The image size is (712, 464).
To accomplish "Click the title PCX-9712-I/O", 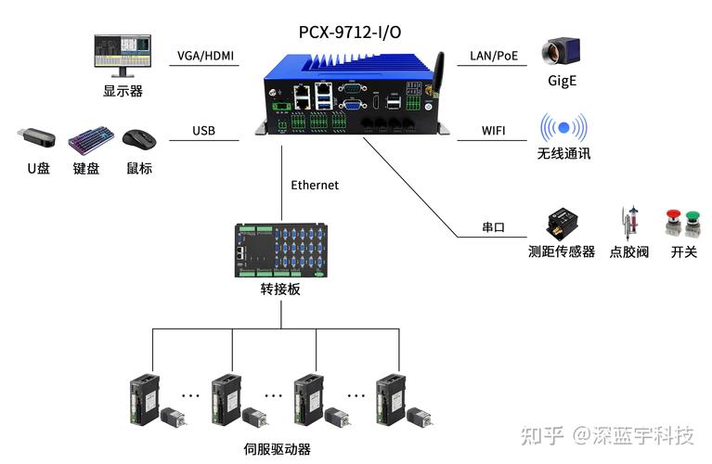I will tap(351, 32).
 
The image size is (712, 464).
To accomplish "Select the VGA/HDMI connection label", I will tap(206, 56).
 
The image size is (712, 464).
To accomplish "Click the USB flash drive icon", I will tap(36, 139).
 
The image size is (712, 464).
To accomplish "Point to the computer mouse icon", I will tap(139, 139).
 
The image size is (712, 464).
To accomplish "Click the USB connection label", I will tap(203, 131).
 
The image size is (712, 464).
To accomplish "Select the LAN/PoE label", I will tap(493, 56).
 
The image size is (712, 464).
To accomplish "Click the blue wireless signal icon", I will tap(563, 128).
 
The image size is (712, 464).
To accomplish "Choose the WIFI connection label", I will tap(493, 131).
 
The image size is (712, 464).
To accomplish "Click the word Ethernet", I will tap(315, 185).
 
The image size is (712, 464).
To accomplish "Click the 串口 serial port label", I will tap(493, 227).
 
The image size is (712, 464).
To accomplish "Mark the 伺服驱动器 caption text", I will tap(277, 449).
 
